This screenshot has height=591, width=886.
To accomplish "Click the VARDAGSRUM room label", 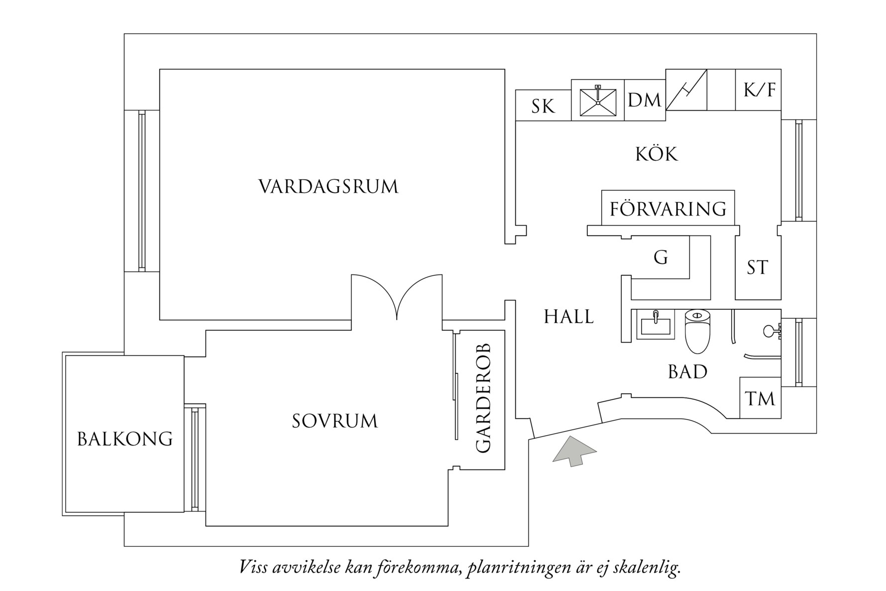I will [329, 187].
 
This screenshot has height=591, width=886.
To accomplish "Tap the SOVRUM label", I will [334, 421].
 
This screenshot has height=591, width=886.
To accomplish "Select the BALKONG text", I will [125, 439].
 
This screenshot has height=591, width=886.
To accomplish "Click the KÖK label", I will [657, 154].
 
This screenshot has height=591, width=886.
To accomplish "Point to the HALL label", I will [568, 317].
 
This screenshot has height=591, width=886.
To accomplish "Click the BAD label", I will [687, 371].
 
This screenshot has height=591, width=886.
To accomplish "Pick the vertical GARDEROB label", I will [483, 398].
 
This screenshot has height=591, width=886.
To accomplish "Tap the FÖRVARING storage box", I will [668, 208].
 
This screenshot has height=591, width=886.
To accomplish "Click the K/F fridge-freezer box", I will [759, 90].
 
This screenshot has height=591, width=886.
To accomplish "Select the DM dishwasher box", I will [645, 100].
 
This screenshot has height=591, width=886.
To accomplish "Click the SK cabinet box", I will [543, 106].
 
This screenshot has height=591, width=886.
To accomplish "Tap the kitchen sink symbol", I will [597, 101].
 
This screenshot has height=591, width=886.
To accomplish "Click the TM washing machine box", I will [760, 398].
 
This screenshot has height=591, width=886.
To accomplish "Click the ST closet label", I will [758, 268].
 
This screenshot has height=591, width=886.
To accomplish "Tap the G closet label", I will [661, 257].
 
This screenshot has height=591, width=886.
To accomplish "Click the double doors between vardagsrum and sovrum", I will [397, 299].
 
